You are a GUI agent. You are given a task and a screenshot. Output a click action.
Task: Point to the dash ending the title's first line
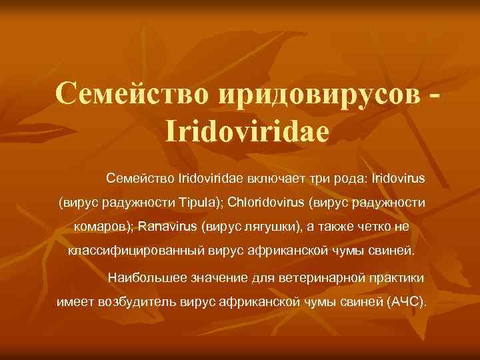[435, 93]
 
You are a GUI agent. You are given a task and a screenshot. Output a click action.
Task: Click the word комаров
[105, 227]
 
